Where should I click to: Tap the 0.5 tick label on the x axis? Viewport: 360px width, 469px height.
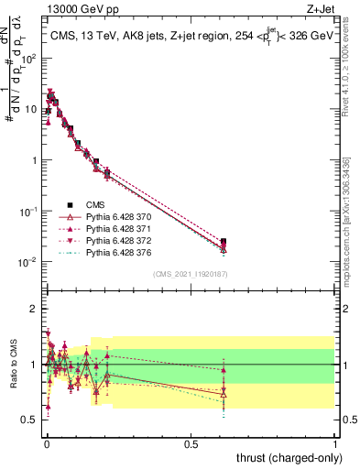click(x=191, y=442)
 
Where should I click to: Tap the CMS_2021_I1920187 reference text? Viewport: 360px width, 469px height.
click(x=190, y=273)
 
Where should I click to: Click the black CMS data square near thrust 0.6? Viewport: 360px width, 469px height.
click(x=224, y=242)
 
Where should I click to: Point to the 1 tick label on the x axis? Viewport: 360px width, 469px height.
click(x=335, y=442)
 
